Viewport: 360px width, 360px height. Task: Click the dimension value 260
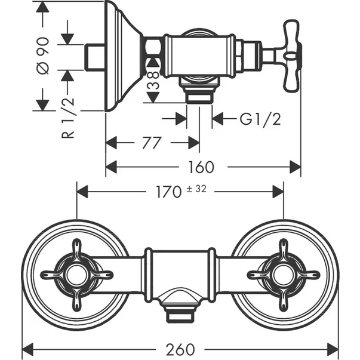tap(180, 350)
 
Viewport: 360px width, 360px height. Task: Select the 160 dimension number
tap(201, 167)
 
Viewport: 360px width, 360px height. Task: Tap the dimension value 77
tap(152, 143)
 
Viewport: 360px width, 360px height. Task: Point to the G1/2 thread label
tap(260, 119)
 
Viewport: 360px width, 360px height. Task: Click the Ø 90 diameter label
tap(43, 56)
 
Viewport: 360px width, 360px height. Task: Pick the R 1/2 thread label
tap(68, 118)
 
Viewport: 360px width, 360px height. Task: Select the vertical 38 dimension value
tap(153, 80)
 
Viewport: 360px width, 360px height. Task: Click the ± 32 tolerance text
tap(196, 189)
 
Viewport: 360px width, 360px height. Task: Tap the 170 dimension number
tap(169, 192)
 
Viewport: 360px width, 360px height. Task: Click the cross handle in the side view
tap(291, 56)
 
